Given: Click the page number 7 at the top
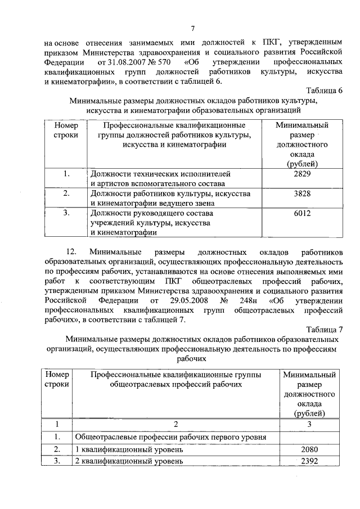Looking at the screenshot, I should coord(192,29).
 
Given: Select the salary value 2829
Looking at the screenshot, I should coord(302,174).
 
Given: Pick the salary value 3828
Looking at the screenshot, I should coord(302,193).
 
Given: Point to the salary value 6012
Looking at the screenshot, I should coord(302,213).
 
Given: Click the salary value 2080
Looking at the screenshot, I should coord(310,449).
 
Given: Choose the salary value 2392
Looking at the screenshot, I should coord(310,461).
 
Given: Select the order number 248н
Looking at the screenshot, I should coord(253,300).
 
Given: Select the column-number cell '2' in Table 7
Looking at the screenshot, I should coord(175,424).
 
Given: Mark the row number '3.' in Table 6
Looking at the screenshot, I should coord(66,213).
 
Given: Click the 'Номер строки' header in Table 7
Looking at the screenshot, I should coord(57,379).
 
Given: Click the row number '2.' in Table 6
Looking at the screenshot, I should coord(66,193).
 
